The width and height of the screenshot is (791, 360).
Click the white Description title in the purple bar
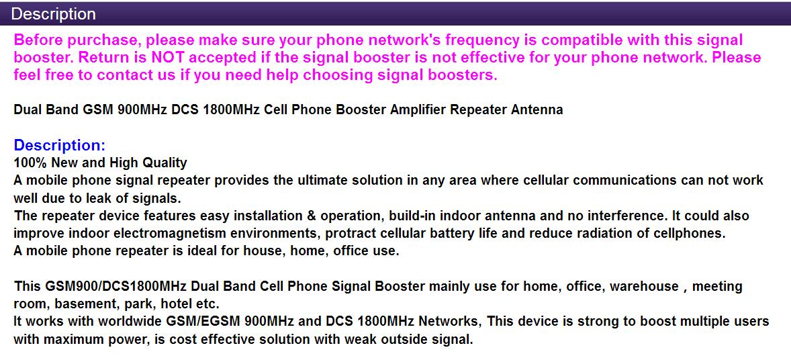(x=53, y=14)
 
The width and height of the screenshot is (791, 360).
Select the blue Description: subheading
(x=60, y=146)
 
